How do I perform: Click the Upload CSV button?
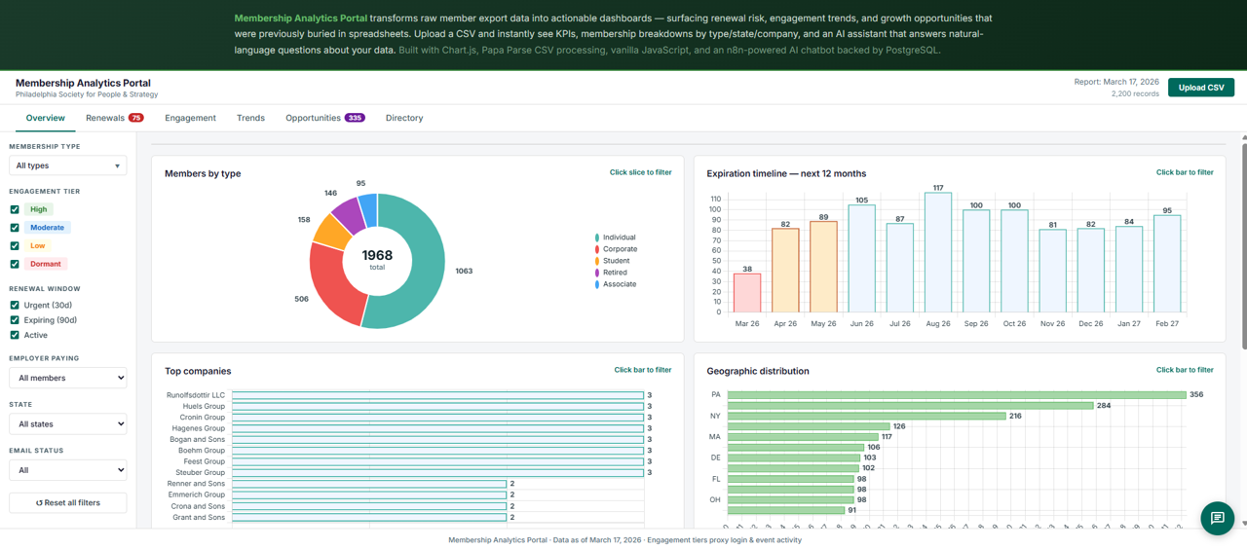pos(1200,88)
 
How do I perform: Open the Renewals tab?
pos(105,118)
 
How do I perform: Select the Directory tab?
pos(403,118)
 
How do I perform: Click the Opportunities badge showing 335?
pos(355,118)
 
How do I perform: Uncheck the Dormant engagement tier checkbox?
pos(15,264)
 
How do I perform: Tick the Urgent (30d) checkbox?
pos(15,306)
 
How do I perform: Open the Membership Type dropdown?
pos(67,165)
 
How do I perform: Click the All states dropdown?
pos(67,424)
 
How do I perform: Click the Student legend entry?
pos(615,261)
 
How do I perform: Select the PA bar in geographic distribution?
pos(955,395)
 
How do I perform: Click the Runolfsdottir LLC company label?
pos(196,395)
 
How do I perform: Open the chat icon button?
pos(1217,518)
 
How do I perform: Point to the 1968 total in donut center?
pos(377,256)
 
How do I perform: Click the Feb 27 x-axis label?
pos(1166,323)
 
